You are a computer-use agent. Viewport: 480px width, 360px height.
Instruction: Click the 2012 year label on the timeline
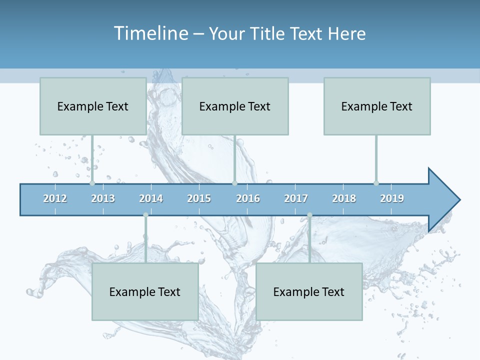(x=55, y=198)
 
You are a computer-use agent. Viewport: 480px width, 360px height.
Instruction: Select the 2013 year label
(x=103, y=198)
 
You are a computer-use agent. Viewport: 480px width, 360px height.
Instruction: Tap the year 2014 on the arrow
(x=151, y=198)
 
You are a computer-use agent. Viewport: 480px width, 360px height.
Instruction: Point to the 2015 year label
(x=199, y=198)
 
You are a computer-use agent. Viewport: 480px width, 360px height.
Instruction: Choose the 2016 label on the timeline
(x=248, y=198)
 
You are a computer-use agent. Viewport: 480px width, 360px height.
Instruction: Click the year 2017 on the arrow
(x=296, y=198)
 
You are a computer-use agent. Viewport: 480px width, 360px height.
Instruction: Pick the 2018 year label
(x=344, y=198)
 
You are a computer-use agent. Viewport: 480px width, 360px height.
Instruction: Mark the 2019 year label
(x=392, y=198)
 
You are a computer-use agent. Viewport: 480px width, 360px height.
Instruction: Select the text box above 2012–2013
(x=93, y=106)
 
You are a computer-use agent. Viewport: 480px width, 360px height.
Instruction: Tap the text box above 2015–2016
(x=235, y=106)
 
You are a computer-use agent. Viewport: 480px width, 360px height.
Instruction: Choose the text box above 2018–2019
(x=377, y=106)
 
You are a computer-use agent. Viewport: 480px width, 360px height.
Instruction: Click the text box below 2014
(x=145, y=291)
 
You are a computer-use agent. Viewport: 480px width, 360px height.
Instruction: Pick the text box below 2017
(x=309, y=291)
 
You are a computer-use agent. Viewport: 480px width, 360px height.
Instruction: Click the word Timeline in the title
(x=150, y=33)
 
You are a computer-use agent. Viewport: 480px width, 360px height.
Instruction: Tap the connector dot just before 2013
(x=92, y=183)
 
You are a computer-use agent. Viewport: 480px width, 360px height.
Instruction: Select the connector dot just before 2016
(x=234, y=183)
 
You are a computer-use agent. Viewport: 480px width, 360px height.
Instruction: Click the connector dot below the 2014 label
(x=145, y=215)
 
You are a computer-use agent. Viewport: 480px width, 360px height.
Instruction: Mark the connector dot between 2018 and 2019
(x=376, y=183)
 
